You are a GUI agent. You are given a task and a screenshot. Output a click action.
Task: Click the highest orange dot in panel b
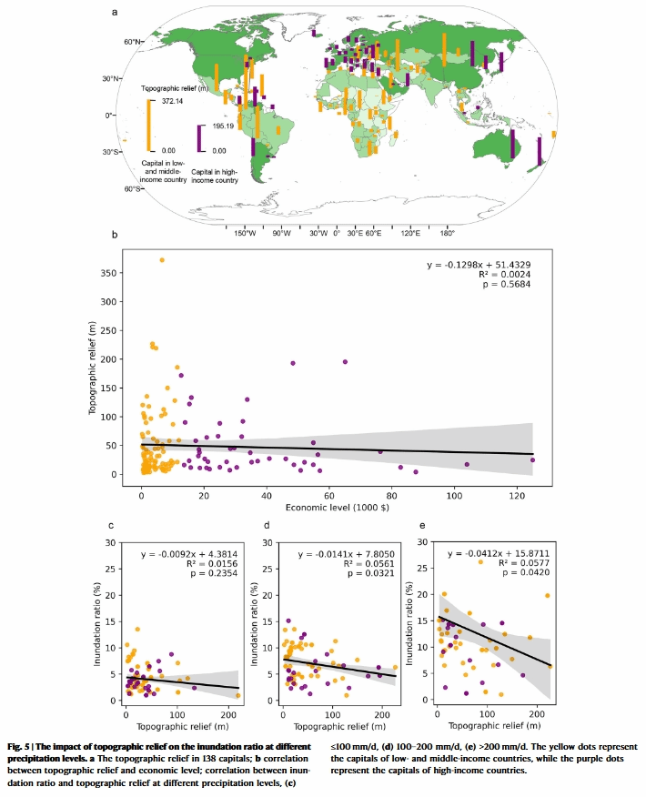tap(162, 260)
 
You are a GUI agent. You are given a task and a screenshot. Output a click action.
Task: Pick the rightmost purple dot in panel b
tap(532, 460)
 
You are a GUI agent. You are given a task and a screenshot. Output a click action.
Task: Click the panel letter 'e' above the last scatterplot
tap(419, 525)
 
